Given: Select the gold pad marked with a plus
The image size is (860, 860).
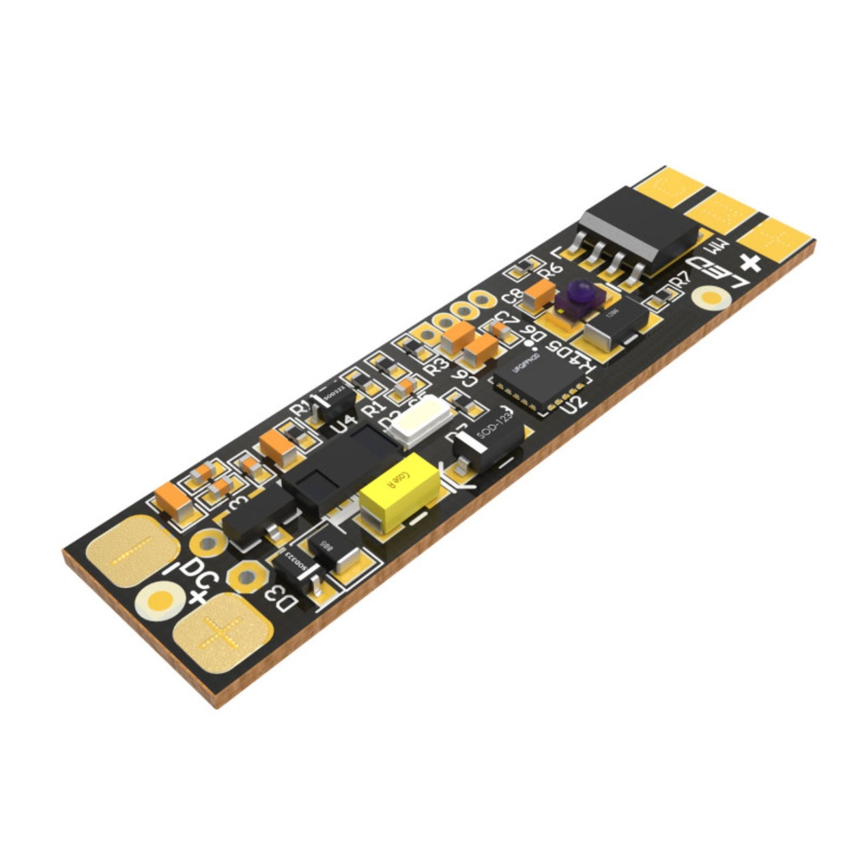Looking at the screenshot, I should [x=223, y=632].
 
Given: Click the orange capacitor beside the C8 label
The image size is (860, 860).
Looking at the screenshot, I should [x=539, y=293].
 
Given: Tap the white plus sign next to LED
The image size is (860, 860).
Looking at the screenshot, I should [x=750, y=263].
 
